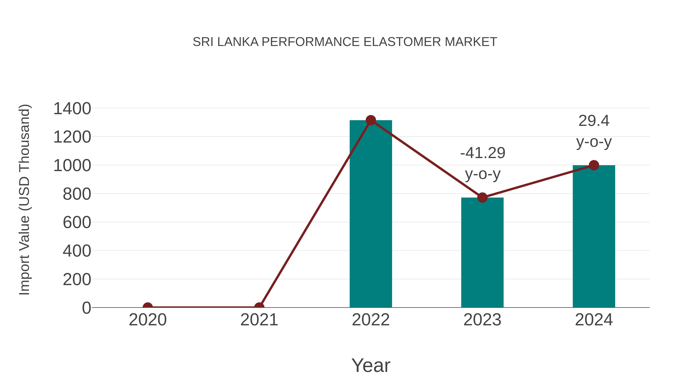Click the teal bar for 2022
click(371, 214)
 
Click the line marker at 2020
click(148, 307)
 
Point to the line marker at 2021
click(259, 307)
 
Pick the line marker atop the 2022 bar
click(371, 120)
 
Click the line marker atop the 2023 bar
click(482, 198)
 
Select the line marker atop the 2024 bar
click(594, 165)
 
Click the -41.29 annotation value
click(483, 153)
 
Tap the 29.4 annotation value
click(594, 121)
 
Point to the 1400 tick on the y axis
click(72, 109)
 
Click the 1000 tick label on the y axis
click(72, 166)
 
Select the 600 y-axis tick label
click(77, 222)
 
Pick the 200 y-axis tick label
click(77, 280)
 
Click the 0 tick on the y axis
click(86, 308)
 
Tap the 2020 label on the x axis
click(148, 320)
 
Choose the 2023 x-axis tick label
click(482, 320)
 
